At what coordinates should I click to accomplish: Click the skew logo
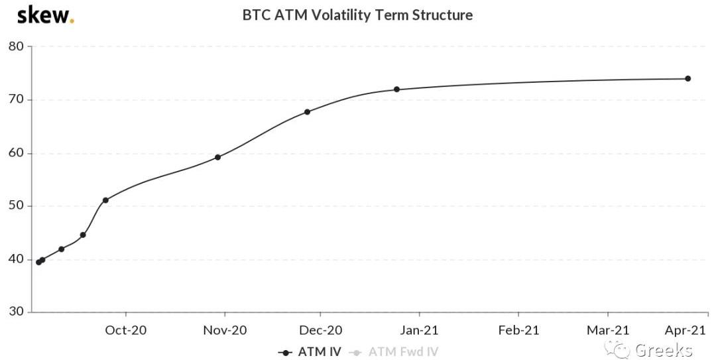[x=45, y=15]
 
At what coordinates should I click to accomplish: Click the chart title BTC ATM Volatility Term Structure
[x=357, y=15]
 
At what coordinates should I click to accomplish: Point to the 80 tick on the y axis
[x=16, y=46]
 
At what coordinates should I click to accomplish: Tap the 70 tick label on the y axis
[x=16, y=99]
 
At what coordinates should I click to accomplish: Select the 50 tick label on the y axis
[x=16, y=206]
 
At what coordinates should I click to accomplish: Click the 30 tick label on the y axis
[x=16, y=312]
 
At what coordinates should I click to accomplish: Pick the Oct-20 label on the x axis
[x=126, y=330]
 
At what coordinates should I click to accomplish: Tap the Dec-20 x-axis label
[x=320, y=330]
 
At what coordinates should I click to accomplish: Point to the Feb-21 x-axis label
[x=518, y=330]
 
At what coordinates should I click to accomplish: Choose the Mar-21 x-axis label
[x=608, y=330]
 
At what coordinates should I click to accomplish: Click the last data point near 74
[x=687, y=78]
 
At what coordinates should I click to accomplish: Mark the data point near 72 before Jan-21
[x=396, y=90]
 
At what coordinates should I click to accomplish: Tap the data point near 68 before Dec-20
[x=307, y=111]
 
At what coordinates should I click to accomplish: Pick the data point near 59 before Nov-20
[x=217, y=157]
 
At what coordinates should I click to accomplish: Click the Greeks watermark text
[x=663, y=350]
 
